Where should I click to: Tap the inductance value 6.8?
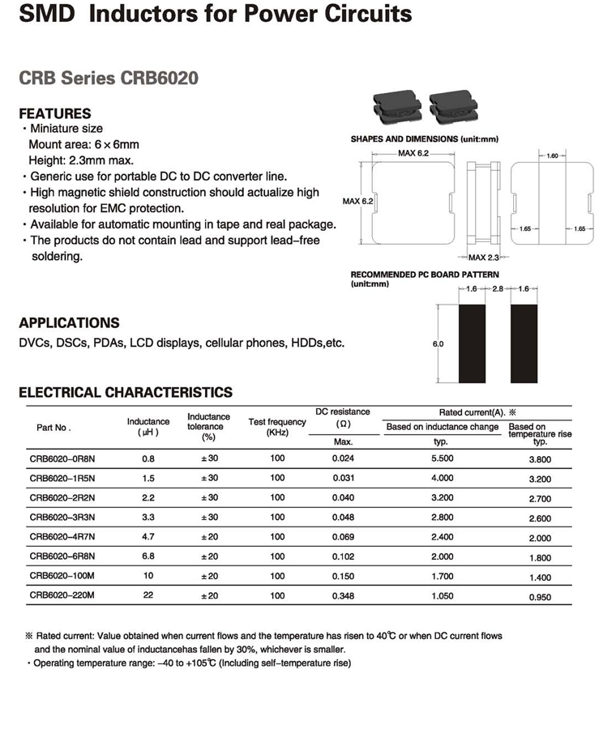pos(148,556)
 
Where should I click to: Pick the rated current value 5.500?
pos(441,458)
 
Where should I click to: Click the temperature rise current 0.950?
pos(540,598)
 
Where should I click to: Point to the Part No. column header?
pos(53,427)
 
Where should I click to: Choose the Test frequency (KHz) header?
pos(277,427)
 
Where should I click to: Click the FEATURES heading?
pos(55,113)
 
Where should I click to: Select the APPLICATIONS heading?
pos(69,322)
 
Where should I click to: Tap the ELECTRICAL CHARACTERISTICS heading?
pos(126,392)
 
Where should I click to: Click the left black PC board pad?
pos(472,343)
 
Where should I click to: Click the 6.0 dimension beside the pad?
pos(438,344)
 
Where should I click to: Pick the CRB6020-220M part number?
pos(62,596)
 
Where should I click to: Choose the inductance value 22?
pos(148,596)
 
